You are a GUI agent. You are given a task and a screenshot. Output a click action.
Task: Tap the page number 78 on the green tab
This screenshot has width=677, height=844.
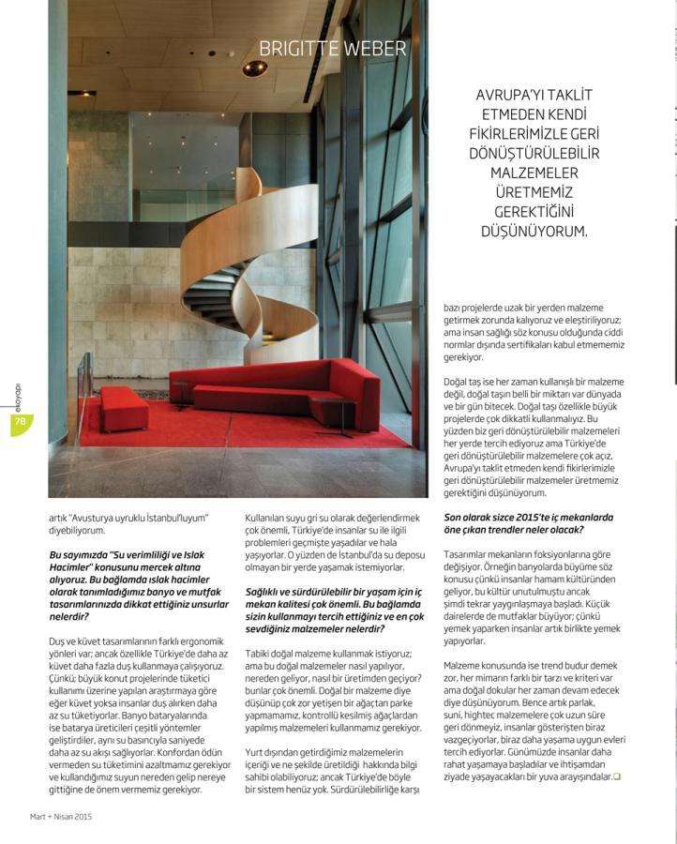coord(19,423)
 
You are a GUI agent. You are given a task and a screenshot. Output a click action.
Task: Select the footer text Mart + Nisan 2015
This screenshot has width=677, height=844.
coord(61,816)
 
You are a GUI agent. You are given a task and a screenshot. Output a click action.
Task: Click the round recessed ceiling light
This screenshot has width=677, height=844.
coord(254,68)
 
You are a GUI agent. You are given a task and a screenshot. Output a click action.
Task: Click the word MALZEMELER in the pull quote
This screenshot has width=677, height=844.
coord(534,173)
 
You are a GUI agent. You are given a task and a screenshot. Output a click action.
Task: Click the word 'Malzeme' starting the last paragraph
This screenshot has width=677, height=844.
coord(466,665)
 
